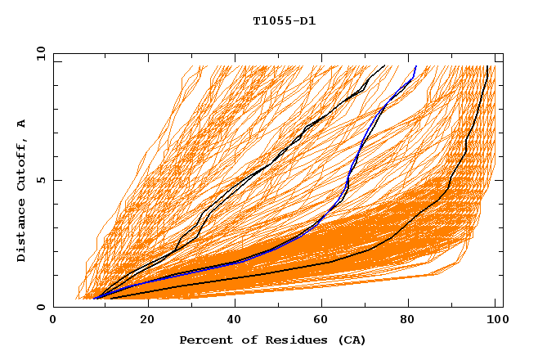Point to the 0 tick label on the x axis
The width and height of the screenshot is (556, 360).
point(53,320)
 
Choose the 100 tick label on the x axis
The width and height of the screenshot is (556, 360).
point(494,320)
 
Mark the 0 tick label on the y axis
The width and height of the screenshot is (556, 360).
point(40,307)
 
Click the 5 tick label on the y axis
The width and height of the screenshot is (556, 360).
point(40,180)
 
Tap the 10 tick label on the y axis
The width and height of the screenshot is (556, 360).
point(38,53)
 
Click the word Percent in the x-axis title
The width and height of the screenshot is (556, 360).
point(202,340)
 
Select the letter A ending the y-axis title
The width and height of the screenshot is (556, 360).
point(22,124)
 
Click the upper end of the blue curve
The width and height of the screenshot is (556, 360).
point(416,66)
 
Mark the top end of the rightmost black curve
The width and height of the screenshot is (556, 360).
point(488,66)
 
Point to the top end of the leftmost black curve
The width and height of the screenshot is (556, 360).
point(385,66)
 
